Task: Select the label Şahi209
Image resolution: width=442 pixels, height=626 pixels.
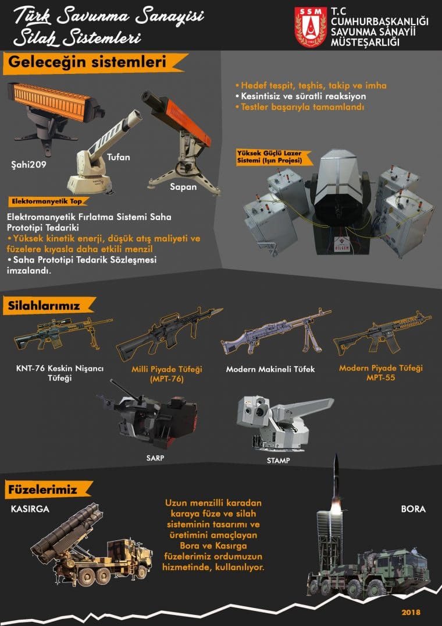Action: point(27,164)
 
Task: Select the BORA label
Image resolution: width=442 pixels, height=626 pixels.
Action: point(413,509)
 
